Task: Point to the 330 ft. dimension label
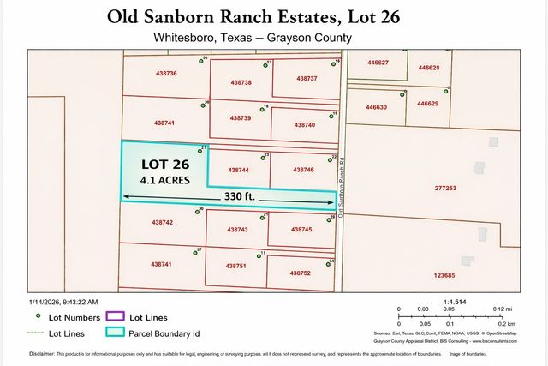[241, 196]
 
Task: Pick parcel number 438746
[302, 170]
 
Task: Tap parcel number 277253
[445, 188]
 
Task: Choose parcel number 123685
[444, 275]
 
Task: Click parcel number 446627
[378, 63]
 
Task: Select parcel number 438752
[299, 273]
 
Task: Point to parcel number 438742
[162, 222]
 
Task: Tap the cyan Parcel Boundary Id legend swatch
[115, 333]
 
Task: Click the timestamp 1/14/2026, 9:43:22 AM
[63, 302]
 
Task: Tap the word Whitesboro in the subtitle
[182, 38]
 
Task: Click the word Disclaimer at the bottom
[42, 353]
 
